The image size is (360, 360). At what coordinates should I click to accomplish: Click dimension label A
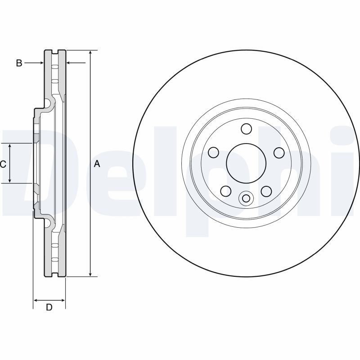pos(96,164)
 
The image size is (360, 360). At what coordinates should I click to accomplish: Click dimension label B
pos(19,63)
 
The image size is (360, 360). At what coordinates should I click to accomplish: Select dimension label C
pos(3,164)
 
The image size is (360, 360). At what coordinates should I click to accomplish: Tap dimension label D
pos(49,307)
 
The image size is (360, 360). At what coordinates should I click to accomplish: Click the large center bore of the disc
pos(246,163)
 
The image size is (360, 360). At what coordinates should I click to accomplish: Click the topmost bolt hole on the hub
pos(246,129)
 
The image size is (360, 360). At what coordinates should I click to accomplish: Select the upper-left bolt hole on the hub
pos(214,152)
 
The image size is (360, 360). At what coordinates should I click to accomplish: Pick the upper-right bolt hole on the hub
pos(279,152)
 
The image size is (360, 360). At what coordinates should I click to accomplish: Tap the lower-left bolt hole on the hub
pos(225,191)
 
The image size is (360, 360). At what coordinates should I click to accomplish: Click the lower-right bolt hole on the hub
pos(266,191)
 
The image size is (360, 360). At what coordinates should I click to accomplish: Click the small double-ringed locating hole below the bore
pos(246,198)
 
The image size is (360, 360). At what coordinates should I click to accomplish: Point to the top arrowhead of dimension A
pos(91,54)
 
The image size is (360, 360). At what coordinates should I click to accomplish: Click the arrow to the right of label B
pos(40,63)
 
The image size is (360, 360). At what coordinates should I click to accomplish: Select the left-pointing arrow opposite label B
pos(69,63)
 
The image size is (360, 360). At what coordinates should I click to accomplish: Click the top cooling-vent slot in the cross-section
pos(55,67)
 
